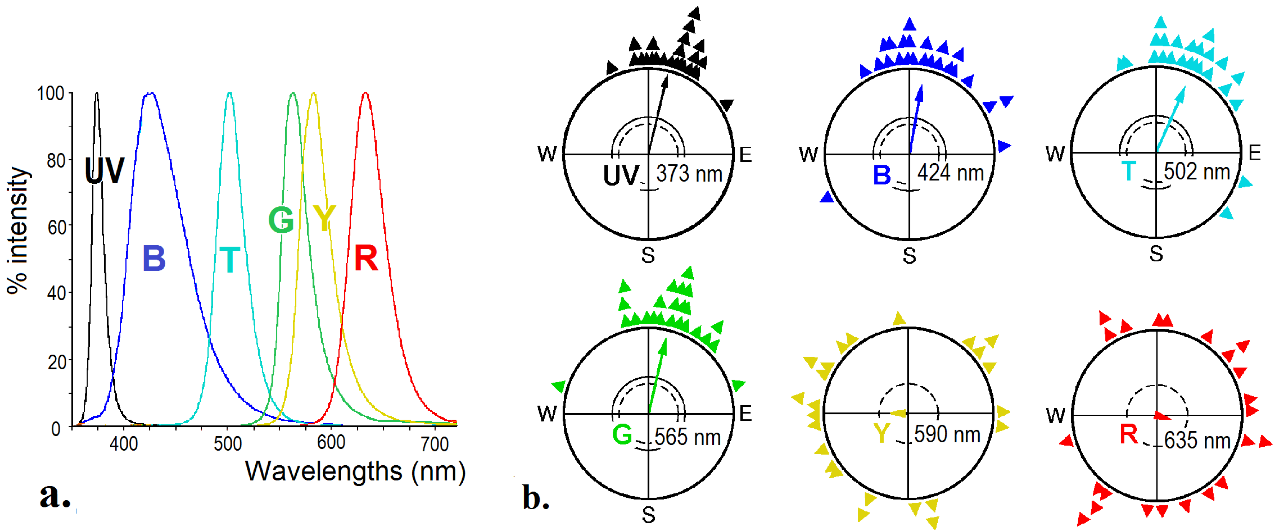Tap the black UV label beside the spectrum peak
coord(104,171)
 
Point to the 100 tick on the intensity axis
coord(51,93)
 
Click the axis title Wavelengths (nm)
coord(355,471)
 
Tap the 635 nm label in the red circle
coord(1197,441)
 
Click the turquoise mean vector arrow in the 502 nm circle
coord(1171,119)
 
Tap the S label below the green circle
coord(648,515)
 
